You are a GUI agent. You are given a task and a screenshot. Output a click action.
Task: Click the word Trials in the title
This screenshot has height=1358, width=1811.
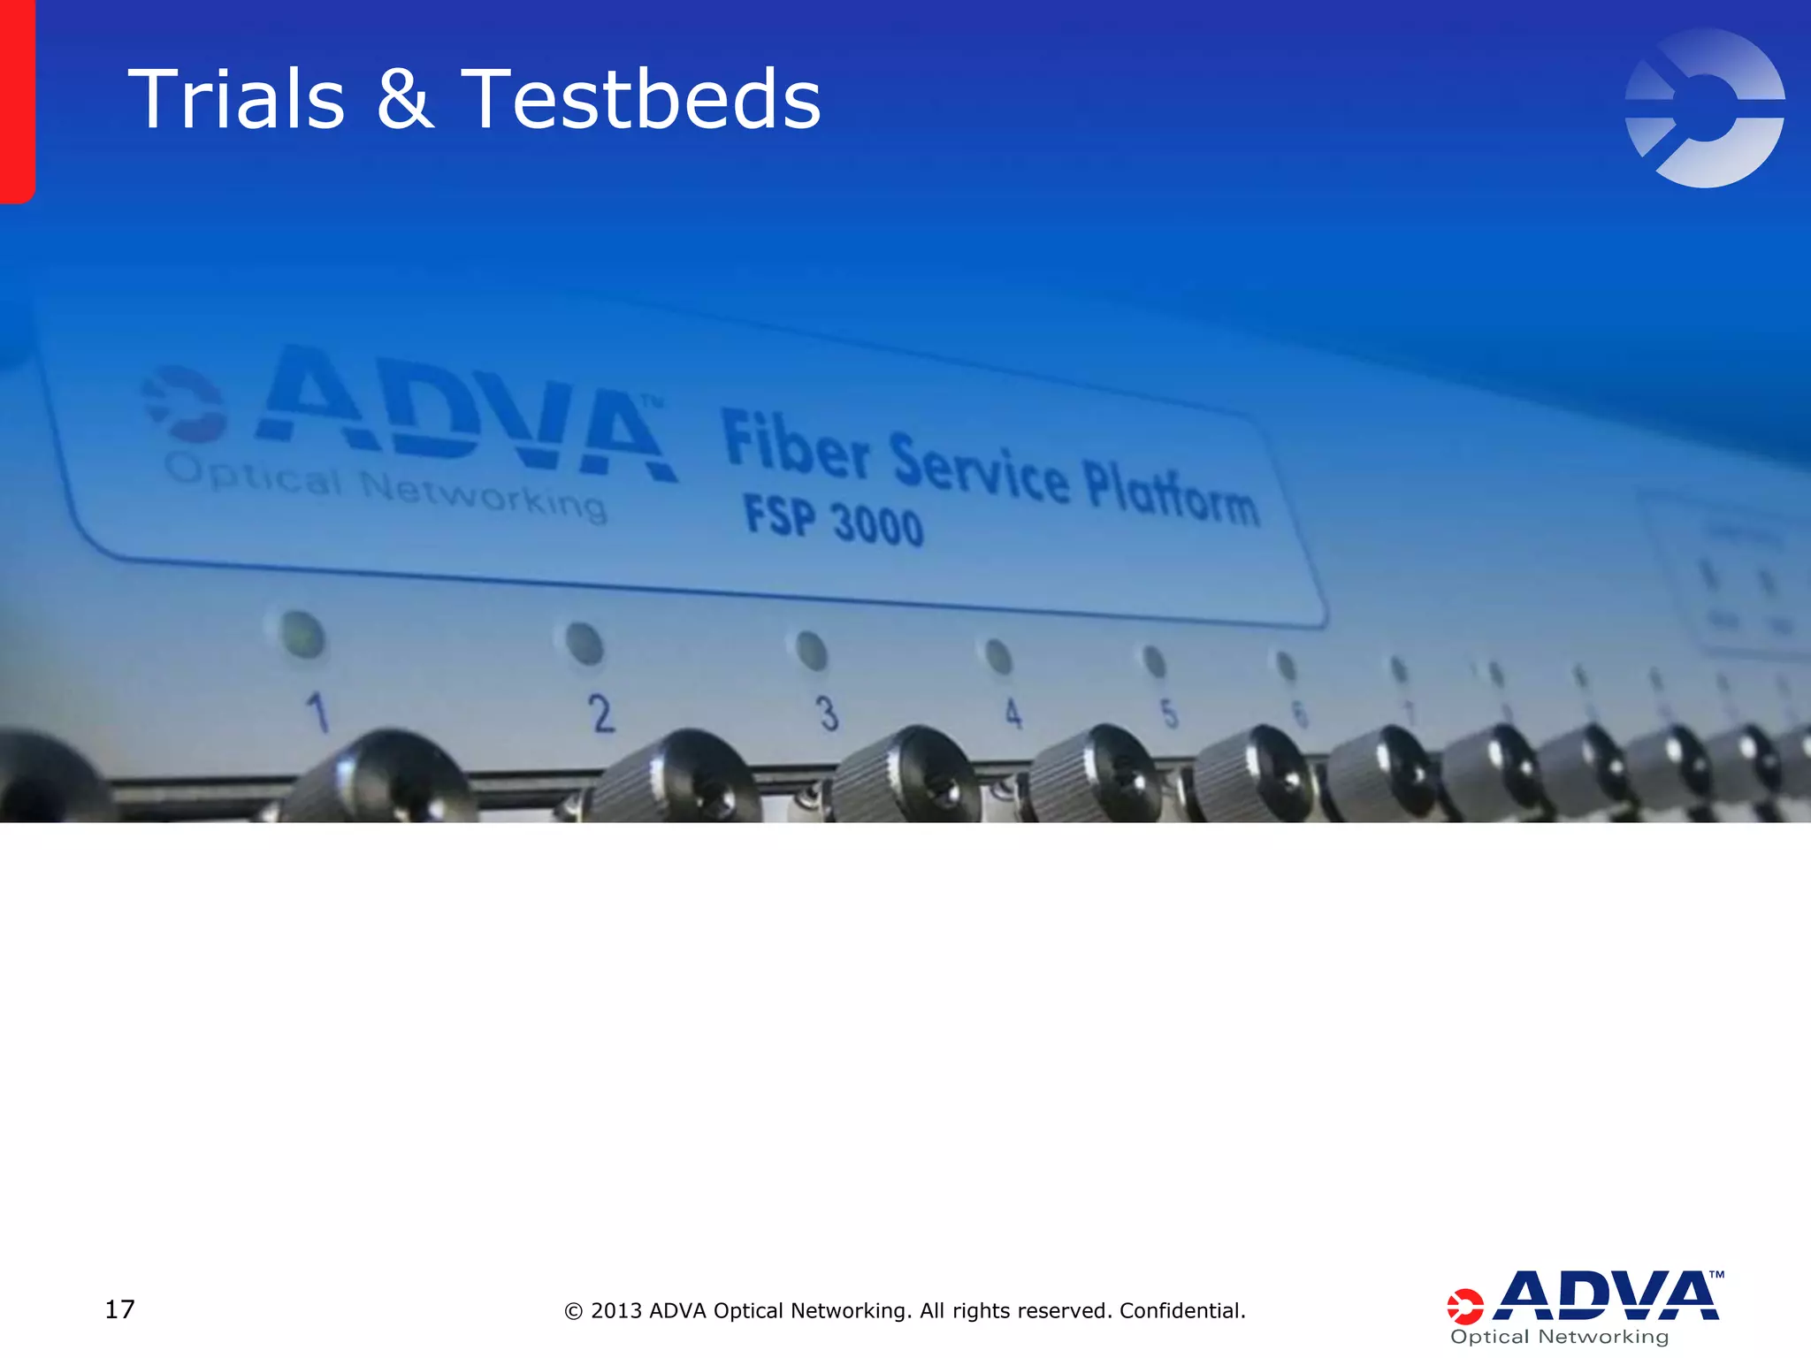pyautogui.click(x=236, y=100)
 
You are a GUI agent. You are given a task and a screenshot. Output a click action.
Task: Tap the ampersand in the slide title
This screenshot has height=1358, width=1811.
pyautogui.click(x=405, y=100)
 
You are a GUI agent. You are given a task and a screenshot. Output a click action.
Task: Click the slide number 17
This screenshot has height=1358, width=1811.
pyautogui.click(x=120, y=1309)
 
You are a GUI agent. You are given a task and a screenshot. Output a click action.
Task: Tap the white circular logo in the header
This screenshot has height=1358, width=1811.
pyautogui.click(x=1704, y=108)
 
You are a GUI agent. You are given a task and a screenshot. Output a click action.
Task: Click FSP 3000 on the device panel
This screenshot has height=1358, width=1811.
pyautogui.click(x=833, y=520)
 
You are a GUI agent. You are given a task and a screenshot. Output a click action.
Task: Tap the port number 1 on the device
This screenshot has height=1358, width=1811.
pyautogui.click(x=318, y=713)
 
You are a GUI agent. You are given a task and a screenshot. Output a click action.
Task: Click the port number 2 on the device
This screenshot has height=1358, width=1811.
pyautogui.click(x=602, y=713)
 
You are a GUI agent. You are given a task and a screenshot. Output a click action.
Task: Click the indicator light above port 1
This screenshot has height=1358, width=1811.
pyautogui.click(x=302, y=634)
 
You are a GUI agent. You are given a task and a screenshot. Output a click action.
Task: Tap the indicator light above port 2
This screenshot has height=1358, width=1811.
pyautogui.click(x=584, y=643)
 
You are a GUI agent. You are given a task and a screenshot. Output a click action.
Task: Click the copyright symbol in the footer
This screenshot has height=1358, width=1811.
pyautogui.click(x=574, y=1311)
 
